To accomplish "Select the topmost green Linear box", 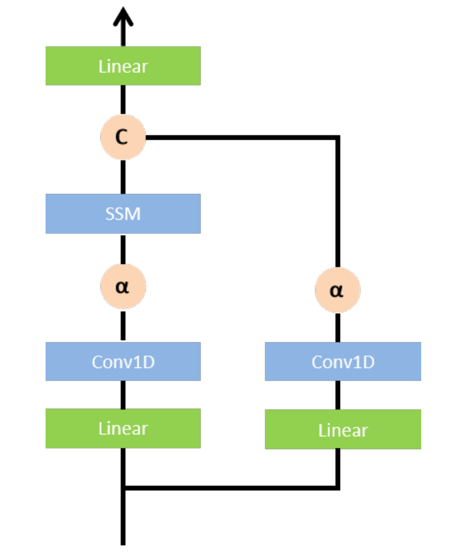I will pos(123,66).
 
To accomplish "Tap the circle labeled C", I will pos(123,137).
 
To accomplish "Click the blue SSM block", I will pos(123,213).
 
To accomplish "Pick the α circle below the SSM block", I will pos(123,286).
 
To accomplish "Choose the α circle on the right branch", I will pos(337,290).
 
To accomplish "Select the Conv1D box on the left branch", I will pos(123,361).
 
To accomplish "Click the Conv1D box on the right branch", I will pos(343,361).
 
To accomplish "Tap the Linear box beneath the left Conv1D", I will pos(123,428).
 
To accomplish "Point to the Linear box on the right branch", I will pos(343,429).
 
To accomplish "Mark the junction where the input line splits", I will pos(123,488).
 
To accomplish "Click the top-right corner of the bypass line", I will pos(337,137).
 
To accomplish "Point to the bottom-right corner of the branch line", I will pos(337,488).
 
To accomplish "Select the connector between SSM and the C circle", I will pos(123,177).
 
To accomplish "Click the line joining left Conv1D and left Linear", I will pos(123,394).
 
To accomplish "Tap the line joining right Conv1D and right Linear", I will pos(337,395).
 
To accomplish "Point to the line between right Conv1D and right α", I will pos(337,327).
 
